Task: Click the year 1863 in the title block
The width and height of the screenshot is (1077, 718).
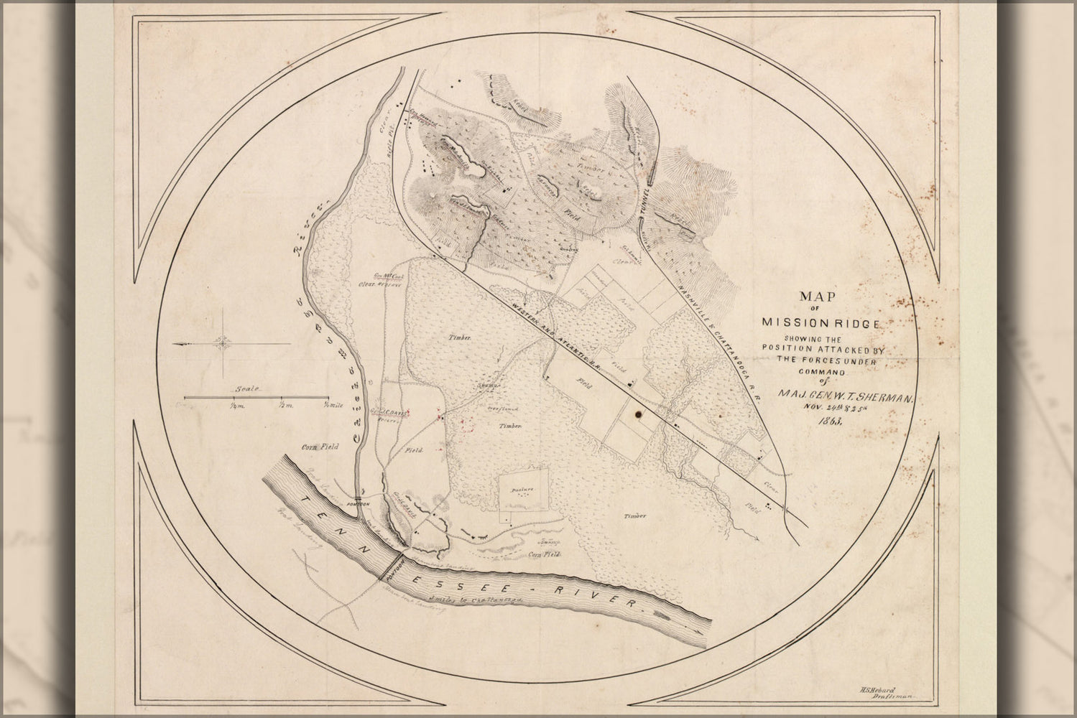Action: [826, 421]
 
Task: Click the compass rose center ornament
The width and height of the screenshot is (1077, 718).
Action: [224, 344]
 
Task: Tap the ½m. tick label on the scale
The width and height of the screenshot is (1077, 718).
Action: [285, 406]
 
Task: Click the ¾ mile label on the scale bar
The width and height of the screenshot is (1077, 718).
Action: [333, 406]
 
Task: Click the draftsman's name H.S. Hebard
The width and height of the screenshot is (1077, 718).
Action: [877, 689]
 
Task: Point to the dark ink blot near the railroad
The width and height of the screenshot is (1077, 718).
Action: [637, 413]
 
